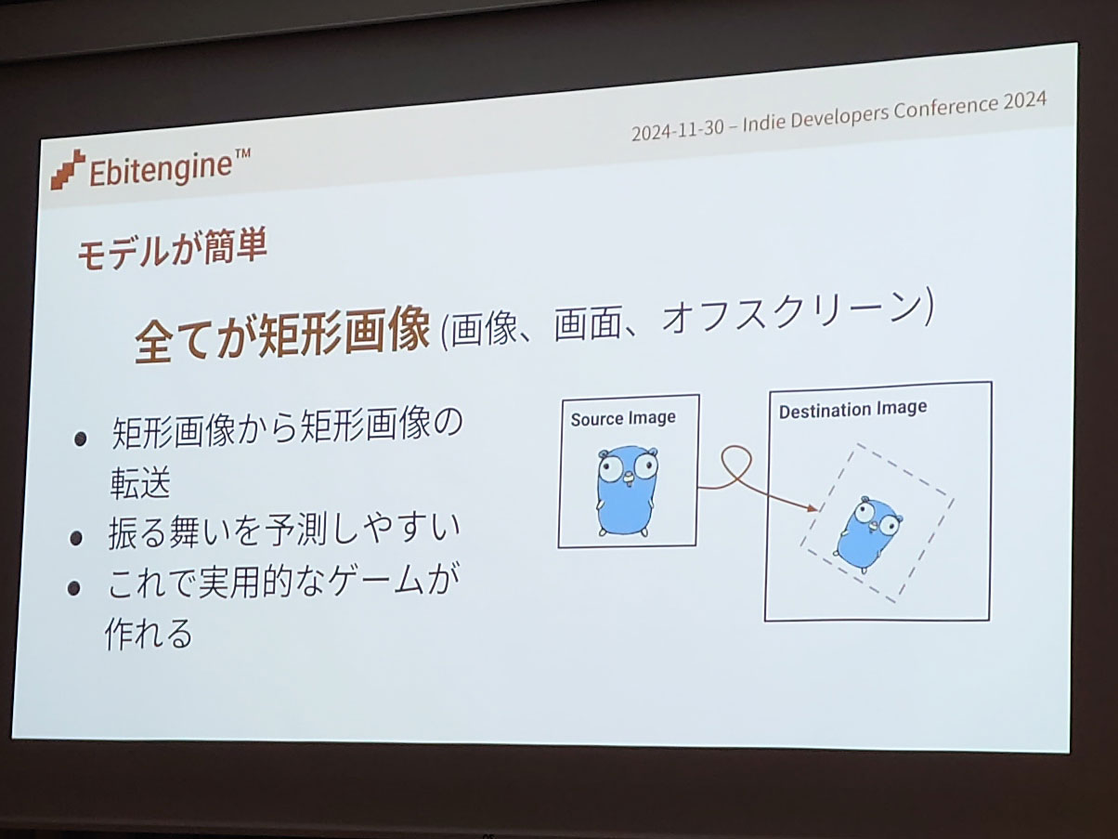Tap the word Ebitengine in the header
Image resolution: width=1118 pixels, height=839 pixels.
point(160,170)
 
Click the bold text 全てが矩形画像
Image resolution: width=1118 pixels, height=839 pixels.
point(282,335)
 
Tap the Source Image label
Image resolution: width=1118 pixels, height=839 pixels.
point(623,418)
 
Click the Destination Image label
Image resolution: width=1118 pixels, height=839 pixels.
point(852,409)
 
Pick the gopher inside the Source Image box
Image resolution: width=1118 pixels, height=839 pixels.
point(627,492)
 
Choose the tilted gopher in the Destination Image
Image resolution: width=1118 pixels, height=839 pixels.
point(867,534)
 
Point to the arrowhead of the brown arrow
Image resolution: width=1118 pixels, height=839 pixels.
point(811,507)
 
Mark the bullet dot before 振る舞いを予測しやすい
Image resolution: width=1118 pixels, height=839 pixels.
point(76,538)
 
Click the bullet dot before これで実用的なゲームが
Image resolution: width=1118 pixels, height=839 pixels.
point(74,588)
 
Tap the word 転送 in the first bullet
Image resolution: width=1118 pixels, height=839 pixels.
point(140,482)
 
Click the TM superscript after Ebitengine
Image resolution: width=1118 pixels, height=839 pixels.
point(242,154)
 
